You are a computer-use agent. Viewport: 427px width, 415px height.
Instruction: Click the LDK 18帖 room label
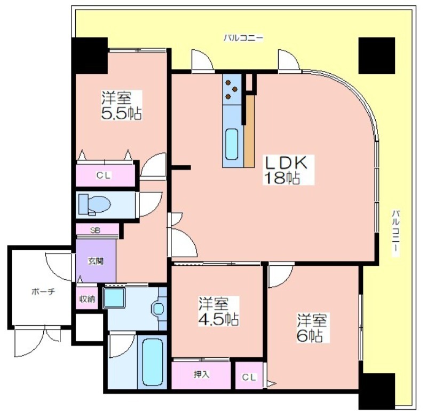[288, 170]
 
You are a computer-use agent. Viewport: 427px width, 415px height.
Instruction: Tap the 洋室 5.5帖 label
[122, 105]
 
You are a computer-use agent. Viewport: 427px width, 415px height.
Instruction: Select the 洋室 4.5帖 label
[219, 311]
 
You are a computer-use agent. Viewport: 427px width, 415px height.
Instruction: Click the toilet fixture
[94, 204]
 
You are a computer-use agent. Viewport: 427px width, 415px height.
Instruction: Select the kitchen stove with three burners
[232, 89]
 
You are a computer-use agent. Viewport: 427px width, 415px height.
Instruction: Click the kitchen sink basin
[232, 144]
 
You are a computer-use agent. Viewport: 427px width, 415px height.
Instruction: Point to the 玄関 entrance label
[96, 261]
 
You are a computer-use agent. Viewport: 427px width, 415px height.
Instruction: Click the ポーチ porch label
[43, 291]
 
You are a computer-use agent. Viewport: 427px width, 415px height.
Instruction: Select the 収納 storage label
[87, 299]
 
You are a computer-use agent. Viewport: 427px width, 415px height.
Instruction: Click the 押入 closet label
[202, 374]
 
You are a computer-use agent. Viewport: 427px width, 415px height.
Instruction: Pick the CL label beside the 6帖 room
[249, 378]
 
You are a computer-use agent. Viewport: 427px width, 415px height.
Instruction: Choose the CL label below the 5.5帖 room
[104, 175]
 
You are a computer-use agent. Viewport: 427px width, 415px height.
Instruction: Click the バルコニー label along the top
[243, 38]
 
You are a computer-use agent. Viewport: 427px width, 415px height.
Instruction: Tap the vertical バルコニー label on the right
[396, 233]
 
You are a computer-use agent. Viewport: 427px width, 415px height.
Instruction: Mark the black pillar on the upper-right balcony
[377, 56]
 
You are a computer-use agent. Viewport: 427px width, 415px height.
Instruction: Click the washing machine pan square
[114, 298]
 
